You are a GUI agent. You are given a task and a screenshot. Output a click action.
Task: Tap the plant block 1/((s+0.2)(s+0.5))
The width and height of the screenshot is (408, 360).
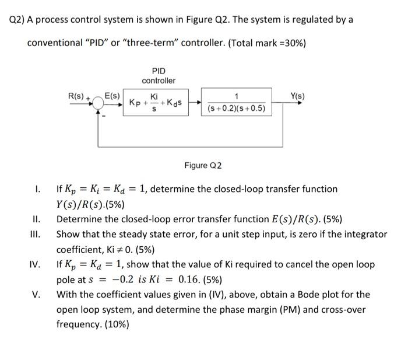[236, 103]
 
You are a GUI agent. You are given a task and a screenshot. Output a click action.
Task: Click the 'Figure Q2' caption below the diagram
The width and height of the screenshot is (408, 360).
[204, 166]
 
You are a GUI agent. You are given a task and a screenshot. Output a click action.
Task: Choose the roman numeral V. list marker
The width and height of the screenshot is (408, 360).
[36, 294]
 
